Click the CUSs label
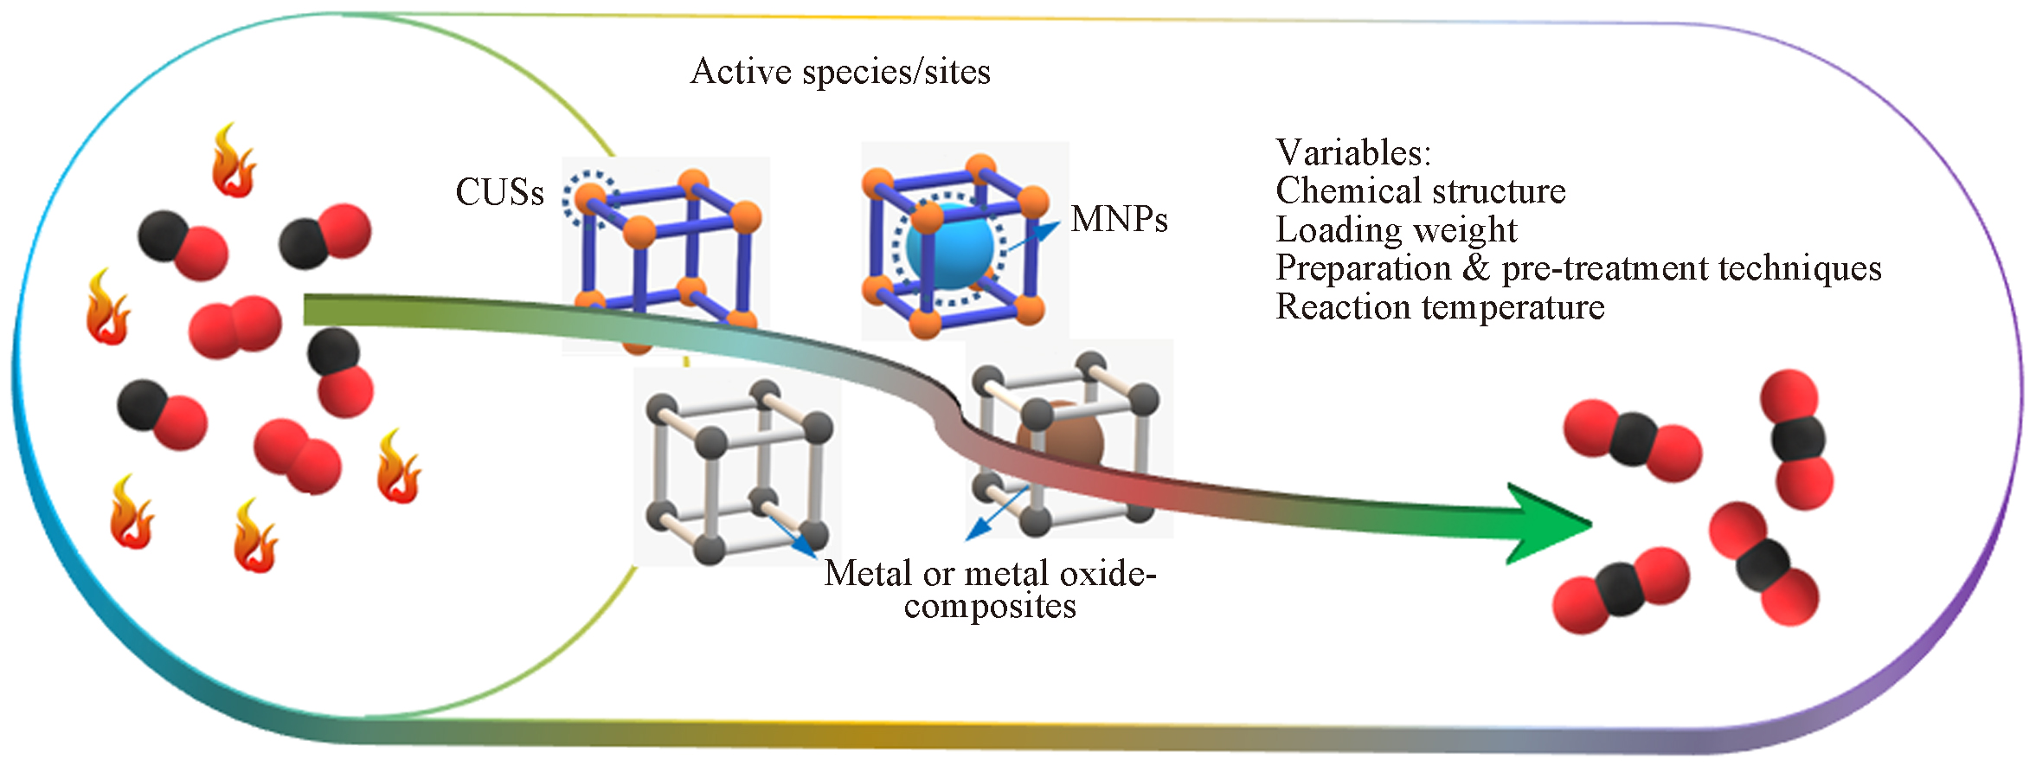pyautogui.click(x=499, y=192)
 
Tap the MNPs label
pyautogui.click(x=1119, y=220)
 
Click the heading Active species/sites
pyautogui.click(x=839, y=72)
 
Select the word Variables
pyautogui.click(x=1352, y=153)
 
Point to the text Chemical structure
pyautogui.click(x=1420, y=191)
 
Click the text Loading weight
pyautogui.click(x=1396, y=230)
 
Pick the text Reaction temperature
pyautogui.click(x=1440, y=307)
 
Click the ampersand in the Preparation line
pyautogui.click(x=1475, y=268)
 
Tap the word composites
pyautogui.click(x=990, y=606)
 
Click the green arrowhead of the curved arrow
pyautogui.click(x=1549, y=524)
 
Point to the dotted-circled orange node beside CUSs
pyautogui.click(x=590, y=199)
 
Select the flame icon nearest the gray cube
pyautogui.click(x=398, y=467)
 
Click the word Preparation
pyautogui.click(x=1363, y=268)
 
